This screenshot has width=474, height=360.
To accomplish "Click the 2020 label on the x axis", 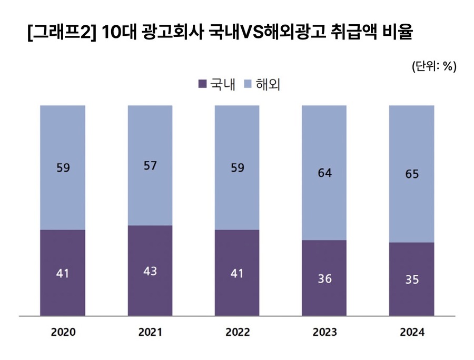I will click(63, 333).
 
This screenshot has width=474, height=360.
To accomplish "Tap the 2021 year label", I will click(150, 333).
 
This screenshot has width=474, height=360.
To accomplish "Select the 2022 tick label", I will click(237, 333).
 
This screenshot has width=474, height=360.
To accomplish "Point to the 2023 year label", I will click(324, 333).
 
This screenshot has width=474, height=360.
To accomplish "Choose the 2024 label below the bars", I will click(412, 333).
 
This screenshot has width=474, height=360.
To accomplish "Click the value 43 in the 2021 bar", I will click(150, 272).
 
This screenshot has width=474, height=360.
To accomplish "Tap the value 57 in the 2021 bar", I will click(150, 166).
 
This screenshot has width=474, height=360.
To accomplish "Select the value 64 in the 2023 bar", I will click(324, 172).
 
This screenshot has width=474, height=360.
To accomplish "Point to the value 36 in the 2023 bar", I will click(324, 279).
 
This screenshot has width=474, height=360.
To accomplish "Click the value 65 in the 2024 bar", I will click(412, 174).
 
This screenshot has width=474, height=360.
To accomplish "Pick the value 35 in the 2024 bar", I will click(412, 280).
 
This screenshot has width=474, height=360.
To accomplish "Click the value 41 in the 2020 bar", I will click(63, 274).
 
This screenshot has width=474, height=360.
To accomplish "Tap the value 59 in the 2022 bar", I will click(237, 168).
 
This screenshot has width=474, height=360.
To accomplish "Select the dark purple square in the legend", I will click(201, 84).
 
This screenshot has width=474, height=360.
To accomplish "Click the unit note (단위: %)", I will click(434, 66).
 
